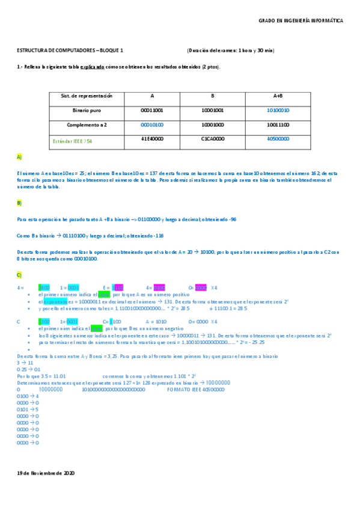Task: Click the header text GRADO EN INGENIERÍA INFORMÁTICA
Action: point(301,20)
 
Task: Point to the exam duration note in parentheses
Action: point(231,51)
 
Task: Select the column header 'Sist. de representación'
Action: point(87,96)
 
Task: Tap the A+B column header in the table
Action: point(278,96)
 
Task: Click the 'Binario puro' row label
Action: point(87,111)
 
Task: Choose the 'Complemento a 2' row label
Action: point(87,124)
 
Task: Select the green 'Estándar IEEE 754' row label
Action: point(73,140)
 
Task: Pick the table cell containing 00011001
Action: point(152,111)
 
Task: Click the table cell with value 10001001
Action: point(212,111)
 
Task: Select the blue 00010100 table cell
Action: point(152,124)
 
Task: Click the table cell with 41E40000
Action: point(152,139)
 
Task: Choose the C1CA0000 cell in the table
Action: point(212,139)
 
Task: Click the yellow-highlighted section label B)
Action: point(19,203)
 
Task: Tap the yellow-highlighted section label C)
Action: point(19,275)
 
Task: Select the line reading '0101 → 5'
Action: point(28,410)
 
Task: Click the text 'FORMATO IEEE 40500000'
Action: point(195,389)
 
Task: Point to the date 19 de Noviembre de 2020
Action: point(46,473)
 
